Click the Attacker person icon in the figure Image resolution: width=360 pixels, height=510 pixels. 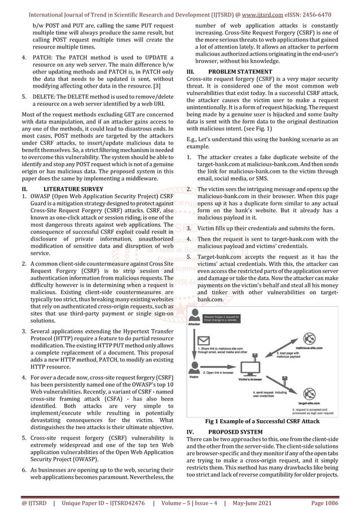tap(194, 315)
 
